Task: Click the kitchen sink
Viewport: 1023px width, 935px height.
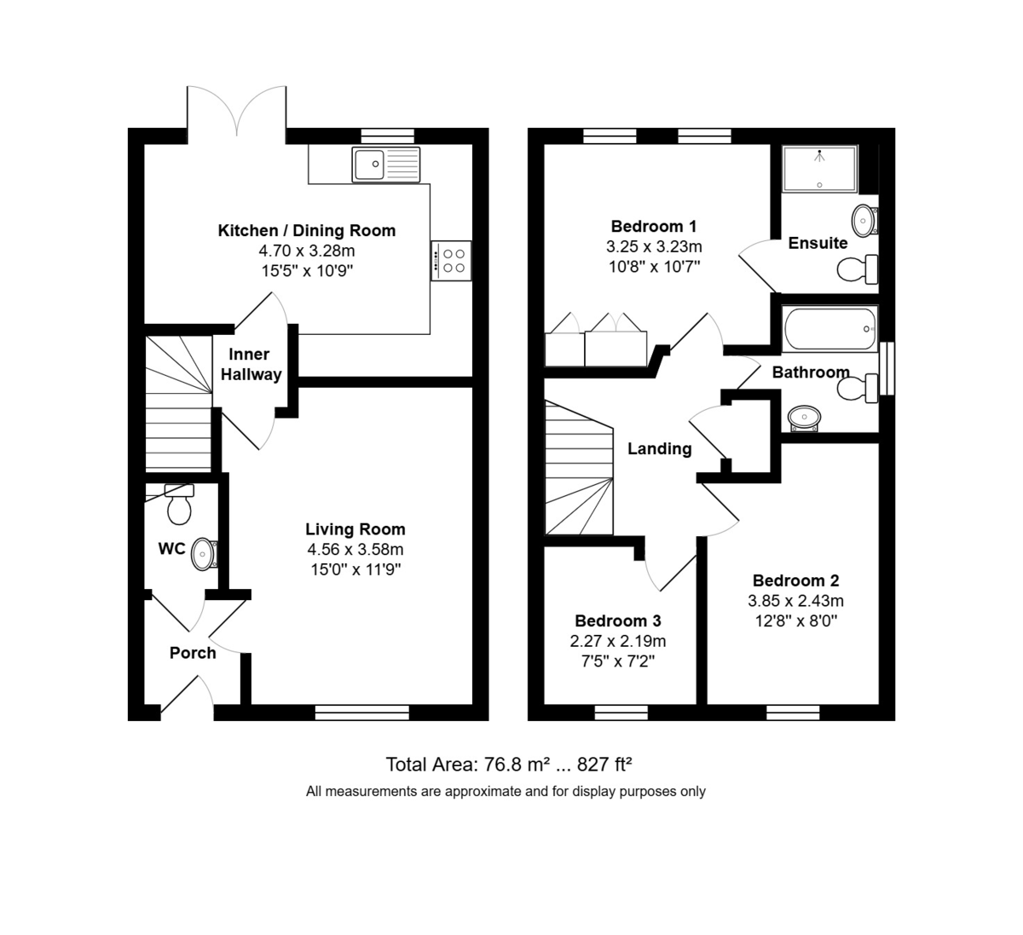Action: pos(385,164)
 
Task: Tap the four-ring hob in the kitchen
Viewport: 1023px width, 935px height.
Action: pos(451,261)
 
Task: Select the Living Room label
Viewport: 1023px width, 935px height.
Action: pos(355,529)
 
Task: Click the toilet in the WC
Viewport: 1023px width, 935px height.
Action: pos(179,504)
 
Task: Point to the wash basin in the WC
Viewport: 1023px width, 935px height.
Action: pos(205,554)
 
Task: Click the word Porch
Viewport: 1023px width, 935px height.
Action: pos(193,653)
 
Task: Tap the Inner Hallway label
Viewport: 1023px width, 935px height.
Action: pos(251,364)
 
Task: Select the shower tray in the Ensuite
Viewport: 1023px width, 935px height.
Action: pos(820,170)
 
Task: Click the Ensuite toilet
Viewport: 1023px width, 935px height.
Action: pos(858,268)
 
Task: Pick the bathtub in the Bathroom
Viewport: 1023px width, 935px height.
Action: pos(830,329)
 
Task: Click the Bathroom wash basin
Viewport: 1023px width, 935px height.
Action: pos(804,418)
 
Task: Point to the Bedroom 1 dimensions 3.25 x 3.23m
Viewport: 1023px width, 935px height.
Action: pos(654,247)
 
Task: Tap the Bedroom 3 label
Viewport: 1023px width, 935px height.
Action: pos(618,620)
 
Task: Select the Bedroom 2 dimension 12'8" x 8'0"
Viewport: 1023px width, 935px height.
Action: pos(796,621)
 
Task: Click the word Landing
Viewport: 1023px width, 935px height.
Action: pos(659,449)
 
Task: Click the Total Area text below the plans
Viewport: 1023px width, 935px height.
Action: pos(509,765)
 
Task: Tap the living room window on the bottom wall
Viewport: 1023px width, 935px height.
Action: pos(362,713)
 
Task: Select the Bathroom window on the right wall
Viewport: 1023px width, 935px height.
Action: pos(887,368)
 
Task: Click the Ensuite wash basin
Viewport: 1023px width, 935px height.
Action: pos(865,221)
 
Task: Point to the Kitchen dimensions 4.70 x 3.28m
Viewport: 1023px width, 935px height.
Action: pos(307,251)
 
